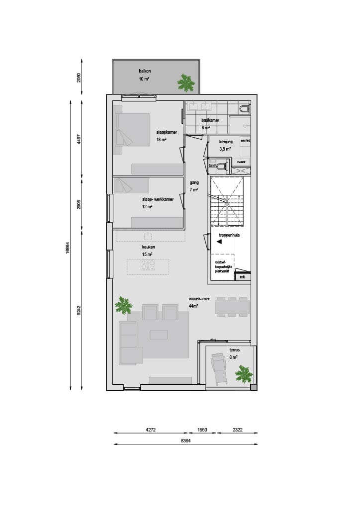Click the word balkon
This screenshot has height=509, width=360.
(145, 71)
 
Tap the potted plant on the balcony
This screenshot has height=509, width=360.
(186, 83)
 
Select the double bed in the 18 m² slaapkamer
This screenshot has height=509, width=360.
(132, 130)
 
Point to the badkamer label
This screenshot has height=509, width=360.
(210, 121)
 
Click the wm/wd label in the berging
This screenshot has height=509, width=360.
(245, 141)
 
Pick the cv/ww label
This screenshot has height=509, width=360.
(242, 162)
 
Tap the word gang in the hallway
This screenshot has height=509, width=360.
(194, 182)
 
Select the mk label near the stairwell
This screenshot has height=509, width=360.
(242, 277)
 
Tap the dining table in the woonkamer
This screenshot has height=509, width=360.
(232, 306)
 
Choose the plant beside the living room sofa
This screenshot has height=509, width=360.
(123, 305)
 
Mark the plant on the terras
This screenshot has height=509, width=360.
(244, 373)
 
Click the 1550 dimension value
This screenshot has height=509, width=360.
(202, 430)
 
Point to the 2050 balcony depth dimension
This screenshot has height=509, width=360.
(79, 77)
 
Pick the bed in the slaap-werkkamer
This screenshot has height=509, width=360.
(132, 186)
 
